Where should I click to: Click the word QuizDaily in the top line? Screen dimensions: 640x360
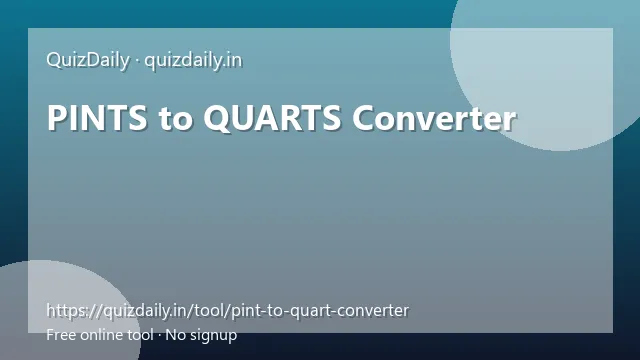pos(88,61)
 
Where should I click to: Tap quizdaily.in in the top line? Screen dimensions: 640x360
pos(193,61)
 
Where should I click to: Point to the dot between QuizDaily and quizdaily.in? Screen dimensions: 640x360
pos(137,62)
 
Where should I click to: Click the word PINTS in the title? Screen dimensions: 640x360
pos(97,118)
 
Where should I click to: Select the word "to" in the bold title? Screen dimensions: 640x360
pos(175,119)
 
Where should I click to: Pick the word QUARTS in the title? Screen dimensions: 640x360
pos(272,118)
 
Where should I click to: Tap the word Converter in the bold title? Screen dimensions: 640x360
pos(434,118)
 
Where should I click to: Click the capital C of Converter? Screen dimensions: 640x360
pos(364,118)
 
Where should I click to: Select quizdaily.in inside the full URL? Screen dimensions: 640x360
pos(145,311)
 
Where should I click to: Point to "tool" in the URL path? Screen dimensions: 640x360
pos(209,311)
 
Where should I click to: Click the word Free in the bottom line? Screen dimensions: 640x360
pos(61,335)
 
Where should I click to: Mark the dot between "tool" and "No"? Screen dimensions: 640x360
pos(159,336)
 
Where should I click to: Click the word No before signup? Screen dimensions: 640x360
pos(176,335)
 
